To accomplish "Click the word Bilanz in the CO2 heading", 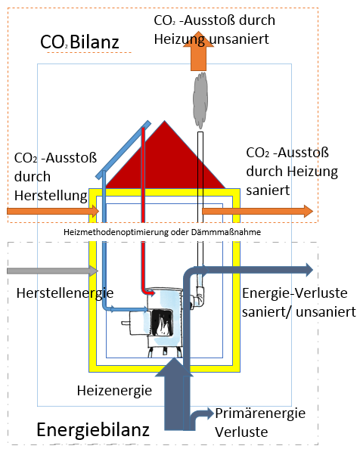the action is (95, 42).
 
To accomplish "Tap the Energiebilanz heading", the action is (93, 429).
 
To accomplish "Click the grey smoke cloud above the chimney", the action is (200, 100).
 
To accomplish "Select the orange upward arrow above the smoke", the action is (198, 51).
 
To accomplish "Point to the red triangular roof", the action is (165, 162).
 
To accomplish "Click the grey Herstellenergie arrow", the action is (53, 271).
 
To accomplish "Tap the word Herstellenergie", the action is (65, 293).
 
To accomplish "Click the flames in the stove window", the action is (162, 324).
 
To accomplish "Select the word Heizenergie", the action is (114, 391).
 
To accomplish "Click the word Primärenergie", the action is (260, 413).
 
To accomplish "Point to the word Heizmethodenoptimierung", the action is (116, 232).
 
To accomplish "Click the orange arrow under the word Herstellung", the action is (53, 212).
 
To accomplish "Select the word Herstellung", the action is (51, 196).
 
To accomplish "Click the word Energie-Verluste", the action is (294, 293).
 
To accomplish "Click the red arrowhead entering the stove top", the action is (151, 293).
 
